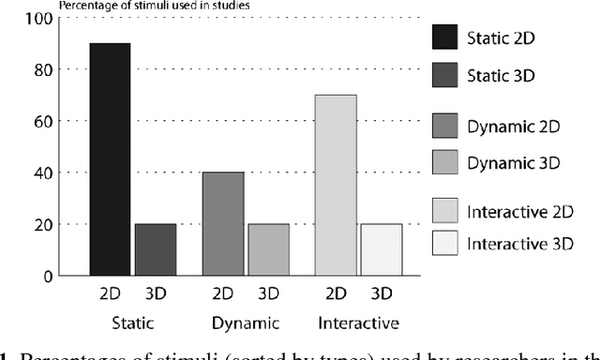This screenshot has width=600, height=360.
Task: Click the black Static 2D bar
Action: point(110,159)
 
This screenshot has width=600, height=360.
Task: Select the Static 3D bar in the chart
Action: point(155,249)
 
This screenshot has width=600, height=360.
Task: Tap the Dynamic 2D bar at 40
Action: point(223,223)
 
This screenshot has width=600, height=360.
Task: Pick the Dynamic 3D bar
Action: point(268,249)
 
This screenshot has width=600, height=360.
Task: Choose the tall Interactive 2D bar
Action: point(336,185)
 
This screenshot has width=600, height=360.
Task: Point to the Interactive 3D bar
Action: point(381,249)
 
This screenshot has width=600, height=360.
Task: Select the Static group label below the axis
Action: point(131,324)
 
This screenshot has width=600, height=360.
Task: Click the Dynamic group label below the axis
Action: point(246,324)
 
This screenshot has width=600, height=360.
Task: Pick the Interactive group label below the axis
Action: point(358,324)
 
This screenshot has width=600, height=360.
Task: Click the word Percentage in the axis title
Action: point(85,6)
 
